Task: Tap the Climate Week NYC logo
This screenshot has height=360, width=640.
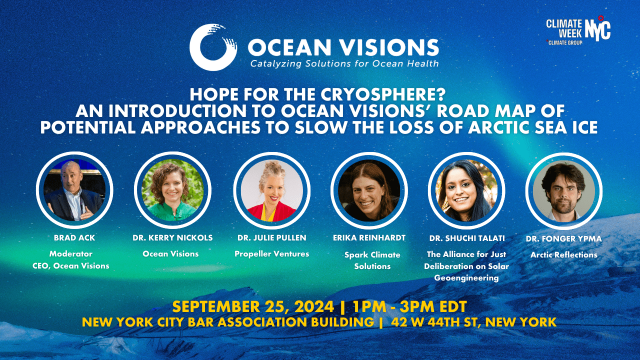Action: pos(578,31)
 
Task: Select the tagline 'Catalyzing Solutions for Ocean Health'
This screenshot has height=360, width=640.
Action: pos(344,63)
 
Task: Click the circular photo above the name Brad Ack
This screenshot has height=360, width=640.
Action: pos(74,190)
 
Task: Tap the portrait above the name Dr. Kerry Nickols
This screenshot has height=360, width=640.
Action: pos(172,190)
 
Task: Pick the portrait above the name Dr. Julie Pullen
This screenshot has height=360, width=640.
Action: pos(271,190)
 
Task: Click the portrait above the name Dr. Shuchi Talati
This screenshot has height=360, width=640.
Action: pos(467,190)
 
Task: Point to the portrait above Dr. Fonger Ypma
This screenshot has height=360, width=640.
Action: pos(564,190)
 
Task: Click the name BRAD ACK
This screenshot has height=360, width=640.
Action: pos(74,238)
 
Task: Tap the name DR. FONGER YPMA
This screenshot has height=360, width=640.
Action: pos(563,239)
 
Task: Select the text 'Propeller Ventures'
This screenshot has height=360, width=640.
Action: pos(271,254)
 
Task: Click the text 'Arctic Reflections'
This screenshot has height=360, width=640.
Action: pos(563,255)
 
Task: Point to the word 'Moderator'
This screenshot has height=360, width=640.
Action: pos(70,254)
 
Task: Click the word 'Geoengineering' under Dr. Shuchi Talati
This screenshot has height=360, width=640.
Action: pos(466,278)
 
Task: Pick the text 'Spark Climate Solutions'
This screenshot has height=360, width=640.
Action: pos(372,260)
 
